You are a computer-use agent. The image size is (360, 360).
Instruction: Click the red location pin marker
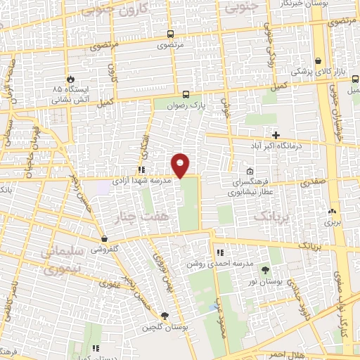pos(181,165)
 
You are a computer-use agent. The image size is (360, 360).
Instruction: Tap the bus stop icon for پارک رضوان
pos(186,94)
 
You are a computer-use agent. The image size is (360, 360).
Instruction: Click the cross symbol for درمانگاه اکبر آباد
pos(276,135)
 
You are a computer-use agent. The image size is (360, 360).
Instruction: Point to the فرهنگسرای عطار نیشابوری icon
pos(250,170)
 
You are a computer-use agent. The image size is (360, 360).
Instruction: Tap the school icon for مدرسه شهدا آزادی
pos(141,169)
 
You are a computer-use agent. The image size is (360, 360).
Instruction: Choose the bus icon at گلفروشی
pos(103,239)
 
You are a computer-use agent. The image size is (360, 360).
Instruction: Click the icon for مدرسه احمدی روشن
pos(220,252)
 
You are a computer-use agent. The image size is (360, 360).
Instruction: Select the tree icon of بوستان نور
pos(265,270)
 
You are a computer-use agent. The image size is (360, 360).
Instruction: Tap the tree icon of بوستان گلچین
pos(164,316)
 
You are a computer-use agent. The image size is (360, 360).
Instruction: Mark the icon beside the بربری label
pos(332,210)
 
